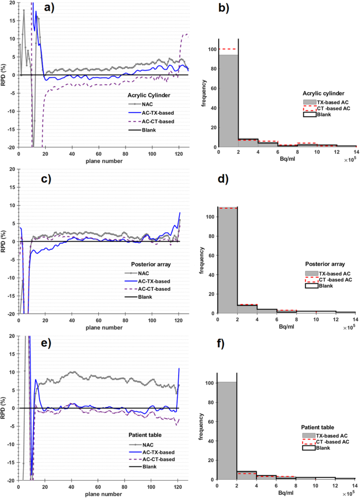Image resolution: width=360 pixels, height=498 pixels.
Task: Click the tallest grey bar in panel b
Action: (x=228, y=100)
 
